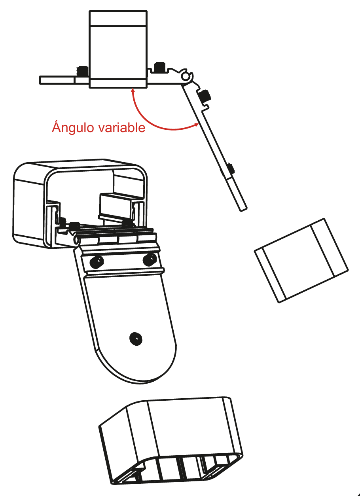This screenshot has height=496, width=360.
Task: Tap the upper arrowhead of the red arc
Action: [133, 91]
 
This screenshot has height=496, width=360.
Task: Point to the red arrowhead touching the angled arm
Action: [196, 125]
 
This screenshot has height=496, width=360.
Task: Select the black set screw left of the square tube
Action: [82, 71]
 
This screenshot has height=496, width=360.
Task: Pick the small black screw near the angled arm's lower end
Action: [231, 169]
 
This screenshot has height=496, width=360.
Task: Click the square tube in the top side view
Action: [118, 49]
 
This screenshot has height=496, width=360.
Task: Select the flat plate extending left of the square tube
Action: [64, 80]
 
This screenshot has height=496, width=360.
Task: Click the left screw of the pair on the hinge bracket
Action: [97, 262]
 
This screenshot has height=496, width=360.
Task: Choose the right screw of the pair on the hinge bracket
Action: [150, 259]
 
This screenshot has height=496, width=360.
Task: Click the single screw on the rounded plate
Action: [136, 339]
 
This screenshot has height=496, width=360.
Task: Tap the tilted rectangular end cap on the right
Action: [301, 260]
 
